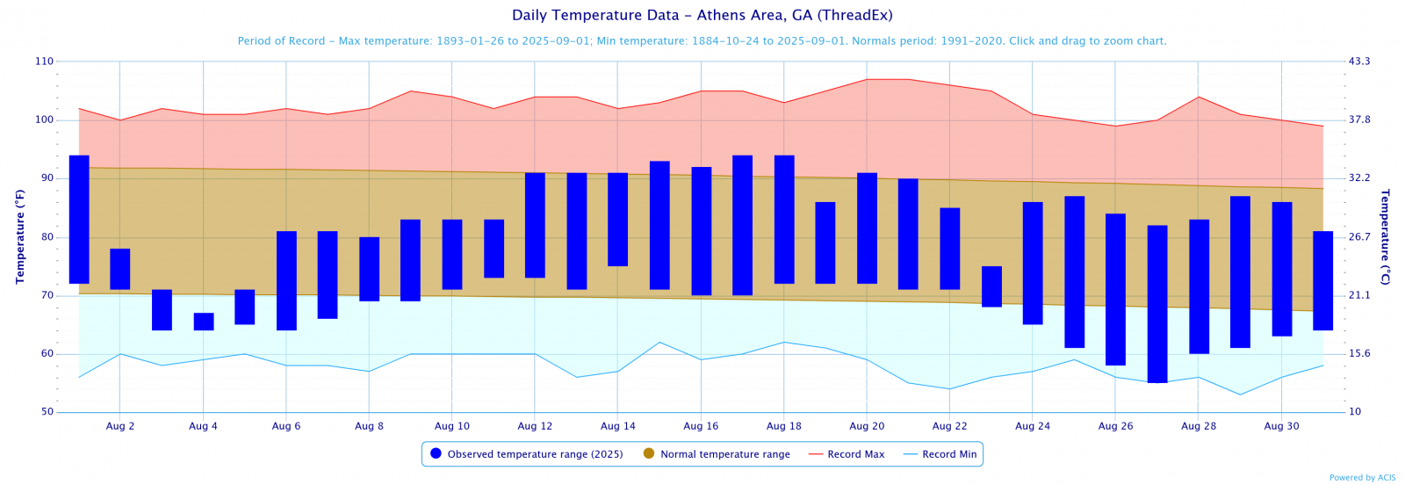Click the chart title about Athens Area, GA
tap(702, 15)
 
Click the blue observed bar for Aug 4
tap(204, 322)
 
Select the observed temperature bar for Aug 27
tap(1157, 304)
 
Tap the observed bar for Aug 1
tap(79, 220)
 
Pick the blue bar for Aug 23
tap(991, 286)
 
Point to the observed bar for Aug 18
tap(784, 220)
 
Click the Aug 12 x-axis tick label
tap(535, 426)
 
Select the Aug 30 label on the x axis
tap(1281, 426)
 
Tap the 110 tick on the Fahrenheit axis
tap(44, 62)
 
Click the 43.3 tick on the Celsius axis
tap(1359, 62)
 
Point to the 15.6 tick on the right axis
tap(1359, 354)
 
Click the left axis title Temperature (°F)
tap(19, 236)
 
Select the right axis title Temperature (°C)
tap(1385, 236)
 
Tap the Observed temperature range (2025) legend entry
tap(527, 454)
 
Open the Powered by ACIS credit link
tap(1362, 478)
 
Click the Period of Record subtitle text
tap(702, 41)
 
